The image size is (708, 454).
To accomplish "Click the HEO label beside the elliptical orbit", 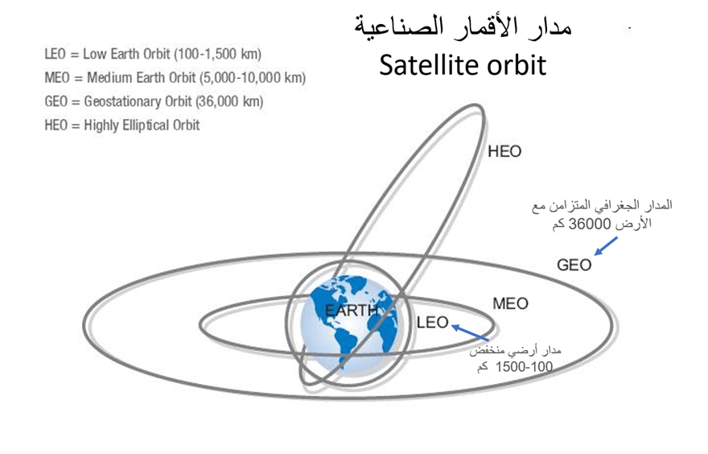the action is coord(504,151).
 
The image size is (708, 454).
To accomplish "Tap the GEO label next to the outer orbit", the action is coord(574,265).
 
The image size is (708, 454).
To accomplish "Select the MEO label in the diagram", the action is coord(510,303).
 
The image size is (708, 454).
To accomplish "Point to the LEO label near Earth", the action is coord(432,323).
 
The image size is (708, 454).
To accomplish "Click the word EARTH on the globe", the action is coord(352,311).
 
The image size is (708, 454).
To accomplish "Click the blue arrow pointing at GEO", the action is coord(606,246).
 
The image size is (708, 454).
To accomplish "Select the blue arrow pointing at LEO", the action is coord(470,332).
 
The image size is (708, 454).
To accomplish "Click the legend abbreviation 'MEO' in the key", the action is coord(57,78).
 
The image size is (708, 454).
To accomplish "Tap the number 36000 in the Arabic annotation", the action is coord(590,224).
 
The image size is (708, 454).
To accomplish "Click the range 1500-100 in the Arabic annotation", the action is coord(524,367).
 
